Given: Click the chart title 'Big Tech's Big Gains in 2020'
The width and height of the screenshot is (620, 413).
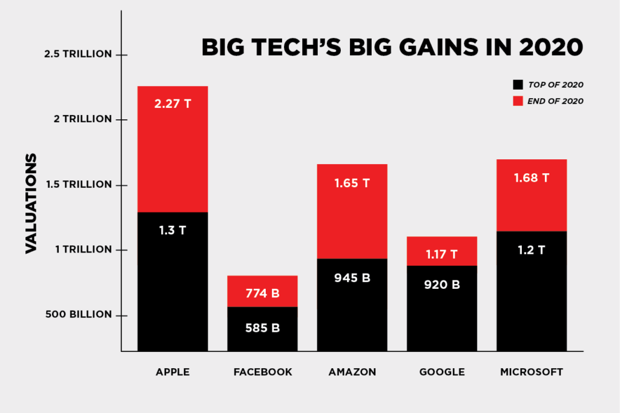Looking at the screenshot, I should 392,47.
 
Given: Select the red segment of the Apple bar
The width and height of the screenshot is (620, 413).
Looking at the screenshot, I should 173,151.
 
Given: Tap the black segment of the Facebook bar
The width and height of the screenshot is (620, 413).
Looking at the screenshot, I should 262,330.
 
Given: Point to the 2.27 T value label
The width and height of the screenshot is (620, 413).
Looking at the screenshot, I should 173,104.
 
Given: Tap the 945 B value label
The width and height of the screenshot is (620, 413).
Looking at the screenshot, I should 352,279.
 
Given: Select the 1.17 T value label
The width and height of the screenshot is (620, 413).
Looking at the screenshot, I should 441,254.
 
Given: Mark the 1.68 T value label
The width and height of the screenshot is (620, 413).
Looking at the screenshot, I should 531,178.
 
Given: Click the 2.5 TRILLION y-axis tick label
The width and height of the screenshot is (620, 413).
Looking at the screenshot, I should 78,54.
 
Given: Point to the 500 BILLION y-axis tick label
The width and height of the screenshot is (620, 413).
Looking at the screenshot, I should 78,315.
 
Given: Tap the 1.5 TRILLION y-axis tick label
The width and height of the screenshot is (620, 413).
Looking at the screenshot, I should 78,185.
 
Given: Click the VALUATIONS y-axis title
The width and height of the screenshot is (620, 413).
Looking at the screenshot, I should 31,203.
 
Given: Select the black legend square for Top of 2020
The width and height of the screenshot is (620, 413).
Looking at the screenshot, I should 516,85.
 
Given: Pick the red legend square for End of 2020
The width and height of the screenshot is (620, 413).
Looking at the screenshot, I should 516,101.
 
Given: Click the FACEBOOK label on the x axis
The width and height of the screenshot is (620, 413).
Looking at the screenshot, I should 262,372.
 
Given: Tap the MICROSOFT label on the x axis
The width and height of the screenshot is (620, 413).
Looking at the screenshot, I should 531,372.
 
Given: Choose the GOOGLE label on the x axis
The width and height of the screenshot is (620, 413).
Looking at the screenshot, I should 441,372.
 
